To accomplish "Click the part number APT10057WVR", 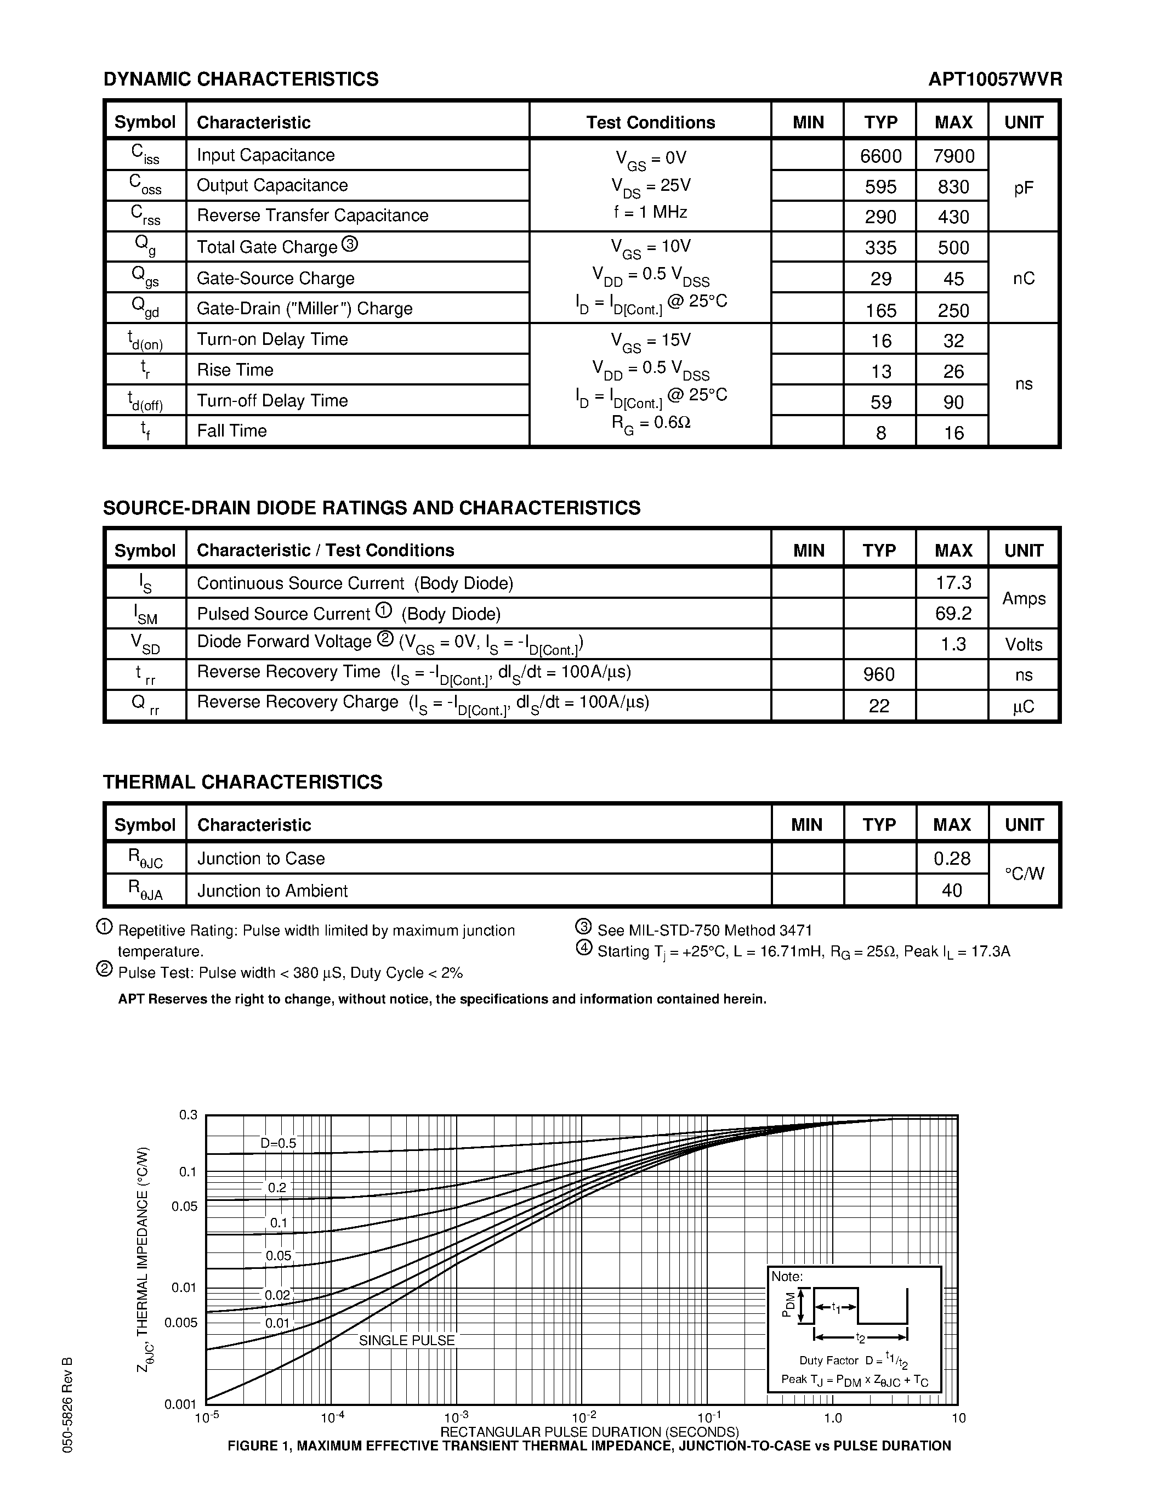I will [x=994, y=80].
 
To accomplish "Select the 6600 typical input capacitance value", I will [x=880, y=156].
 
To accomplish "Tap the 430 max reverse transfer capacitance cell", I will [x=953, y=217].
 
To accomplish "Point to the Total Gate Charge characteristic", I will [x=267, y=247].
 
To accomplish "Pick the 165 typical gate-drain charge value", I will [x=880, y=310].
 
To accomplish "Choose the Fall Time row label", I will [x=232, y=431].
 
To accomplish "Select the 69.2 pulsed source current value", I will [x=953, y=613].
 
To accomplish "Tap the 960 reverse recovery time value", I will [x=879, y=674].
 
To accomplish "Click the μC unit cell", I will [x=1024, y=706].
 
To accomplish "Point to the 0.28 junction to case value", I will [x=952, y=858].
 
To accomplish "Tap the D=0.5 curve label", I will [x=278, y=1143].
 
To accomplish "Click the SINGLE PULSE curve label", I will [x=406, y=1340].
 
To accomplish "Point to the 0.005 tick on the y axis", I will [x=181, y=1322].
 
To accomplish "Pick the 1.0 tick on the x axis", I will [x=833, y=1418].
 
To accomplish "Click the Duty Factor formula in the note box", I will [x=853, y=1361].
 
